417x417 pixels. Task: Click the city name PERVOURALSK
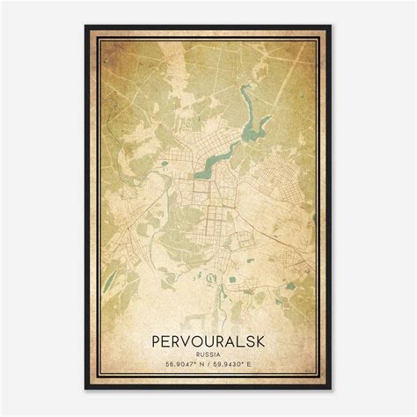pos(208,337)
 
